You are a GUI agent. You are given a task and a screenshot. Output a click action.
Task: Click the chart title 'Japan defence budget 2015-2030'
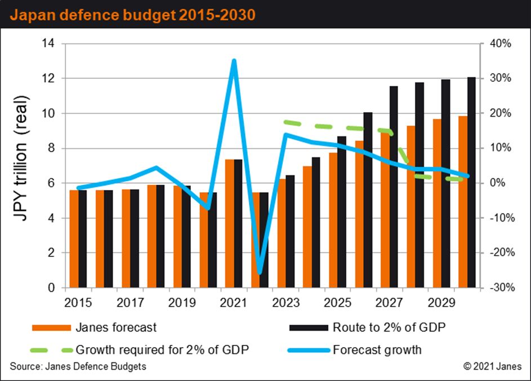(133, 15)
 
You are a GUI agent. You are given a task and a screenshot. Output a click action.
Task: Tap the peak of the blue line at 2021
(234, 61)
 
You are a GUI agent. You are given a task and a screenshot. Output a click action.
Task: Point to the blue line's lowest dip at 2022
(260, 272)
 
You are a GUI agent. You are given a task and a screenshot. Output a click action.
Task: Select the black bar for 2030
(471, 183)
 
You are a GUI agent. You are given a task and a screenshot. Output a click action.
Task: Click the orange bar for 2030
(463, 202)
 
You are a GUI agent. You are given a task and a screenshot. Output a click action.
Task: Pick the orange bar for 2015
(74, 239)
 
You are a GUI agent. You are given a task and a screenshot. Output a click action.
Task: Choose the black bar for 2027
(394, 187)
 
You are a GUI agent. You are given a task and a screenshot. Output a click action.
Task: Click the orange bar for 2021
(230, 223)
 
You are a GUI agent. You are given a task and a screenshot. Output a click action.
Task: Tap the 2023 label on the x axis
(286, 302)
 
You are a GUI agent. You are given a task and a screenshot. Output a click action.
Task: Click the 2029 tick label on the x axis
(441, 302)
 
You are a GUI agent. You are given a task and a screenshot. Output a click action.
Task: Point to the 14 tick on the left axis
(48, 43)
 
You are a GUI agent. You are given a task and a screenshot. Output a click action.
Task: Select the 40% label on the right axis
(501, 43)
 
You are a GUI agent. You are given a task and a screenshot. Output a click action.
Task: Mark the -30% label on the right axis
(502, 287)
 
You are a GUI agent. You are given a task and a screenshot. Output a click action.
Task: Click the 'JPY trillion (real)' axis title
(20, 158)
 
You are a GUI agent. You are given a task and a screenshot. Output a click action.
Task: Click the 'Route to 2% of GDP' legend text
(389, 327)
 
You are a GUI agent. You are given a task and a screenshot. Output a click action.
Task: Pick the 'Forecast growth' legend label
(377, 350)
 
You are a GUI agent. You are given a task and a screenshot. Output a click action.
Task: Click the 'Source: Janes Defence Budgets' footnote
(78, 366)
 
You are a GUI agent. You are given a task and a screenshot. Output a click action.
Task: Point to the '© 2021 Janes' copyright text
(492, 366)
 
